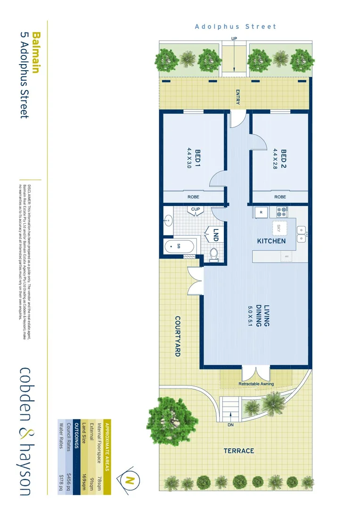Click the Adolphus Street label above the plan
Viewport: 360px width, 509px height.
click(x=236, y=27)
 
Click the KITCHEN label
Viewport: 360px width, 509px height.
click(x=271, y=241)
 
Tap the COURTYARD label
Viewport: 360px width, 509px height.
click(x=178, y=336)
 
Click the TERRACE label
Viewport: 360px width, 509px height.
click(x=238, y=451)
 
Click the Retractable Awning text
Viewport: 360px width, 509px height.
click(x=256, y=384)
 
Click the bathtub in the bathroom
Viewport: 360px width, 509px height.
click(x=180, y=246)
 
